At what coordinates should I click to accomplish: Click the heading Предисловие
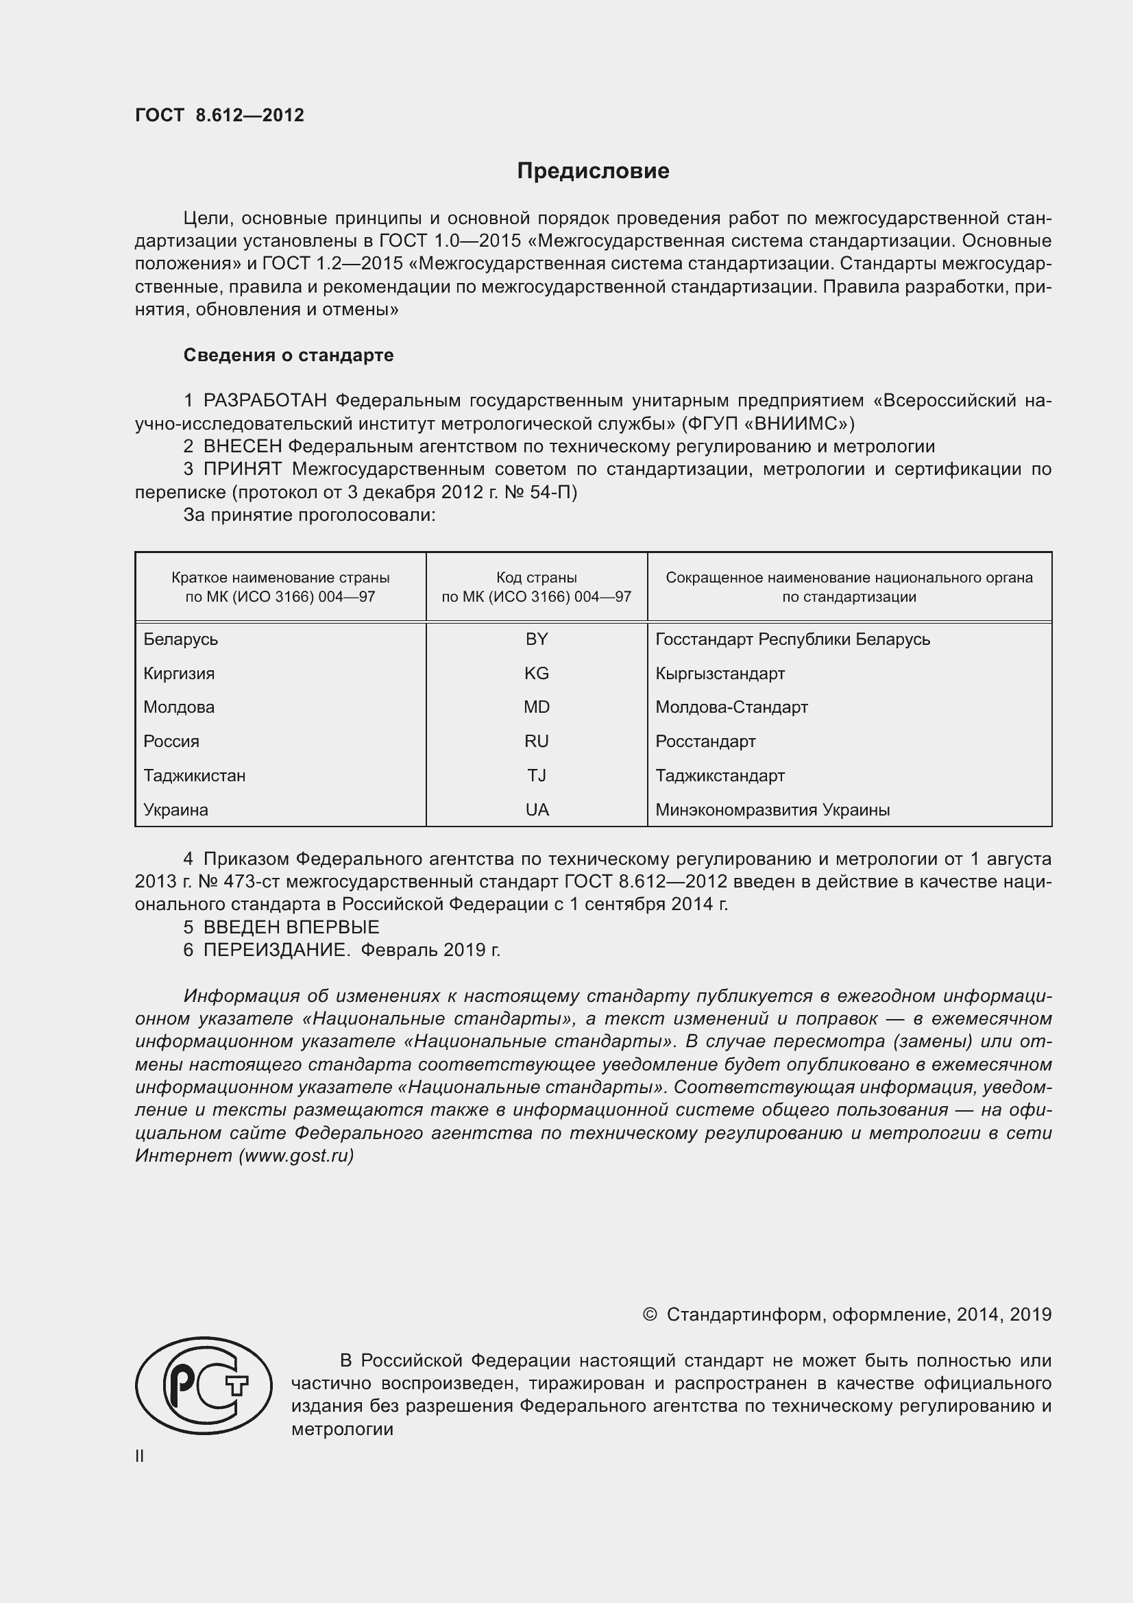pyautogui.click(x=593, y=171)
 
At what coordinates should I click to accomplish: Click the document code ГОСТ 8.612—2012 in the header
pyautogui.click(x=219, y=115)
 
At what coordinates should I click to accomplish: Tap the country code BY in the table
pyautogui.click(x=536, y=639)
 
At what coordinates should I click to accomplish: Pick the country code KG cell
pyautogui.click(x=536, y=674)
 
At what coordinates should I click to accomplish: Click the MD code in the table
pyautogui.click(x=536, y=707)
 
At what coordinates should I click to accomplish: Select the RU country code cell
pyautogui.click(x=536, y=742)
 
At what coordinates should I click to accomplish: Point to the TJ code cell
pyautogui.click(x=536, y=776)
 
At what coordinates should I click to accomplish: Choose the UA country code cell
pyautogui.click(x=536, y=810)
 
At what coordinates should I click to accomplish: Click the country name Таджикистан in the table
pyautogui.click(x=194, y=776)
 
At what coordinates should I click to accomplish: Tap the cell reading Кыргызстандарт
pyautogui.click(x=720, y=674)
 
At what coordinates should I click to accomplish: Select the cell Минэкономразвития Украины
pyautogui.click(x=772, y=810)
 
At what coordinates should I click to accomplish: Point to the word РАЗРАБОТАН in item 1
pyautogui.click(x=265, y=401)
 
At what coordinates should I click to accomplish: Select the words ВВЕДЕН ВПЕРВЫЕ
pyautogui.click(x=291, y=927)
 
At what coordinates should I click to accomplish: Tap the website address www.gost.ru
pyautogui.click(x=296, y=1155)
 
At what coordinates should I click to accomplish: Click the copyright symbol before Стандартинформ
pyautogui.click(x=649, y=1314)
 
